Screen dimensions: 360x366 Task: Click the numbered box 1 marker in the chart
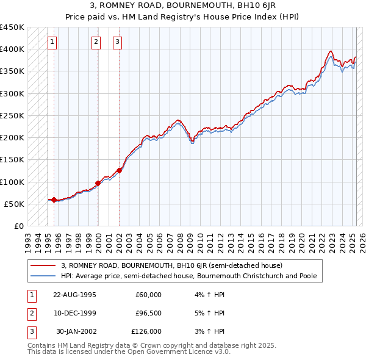click(52, 42)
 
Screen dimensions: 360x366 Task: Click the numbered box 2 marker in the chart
click(96, 42)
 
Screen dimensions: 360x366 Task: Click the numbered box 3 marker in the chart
click(117, 42)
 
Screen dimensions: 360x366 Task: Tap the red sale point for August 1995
click(54, 200)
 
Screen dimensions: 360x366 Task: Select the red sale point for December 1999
click(98, 183)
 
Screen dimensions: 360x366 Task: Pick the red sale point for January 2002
click(119, 170)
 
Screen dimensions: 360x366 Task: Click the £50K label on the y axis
click(14, 204)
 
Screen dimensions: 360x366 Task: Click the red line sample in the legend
click(43, 266)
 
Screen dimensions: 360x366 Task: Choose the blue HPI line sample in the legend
click(43, 276)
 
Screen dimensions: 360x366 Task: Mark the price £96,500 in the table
click(148, 314)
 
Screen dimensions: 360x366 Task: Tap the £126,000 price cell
click(147, 332)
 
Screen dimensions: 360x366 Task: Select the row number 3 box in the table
click(30, 332)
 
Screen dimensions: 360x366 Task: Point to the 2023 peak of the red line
click(330, 51)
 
